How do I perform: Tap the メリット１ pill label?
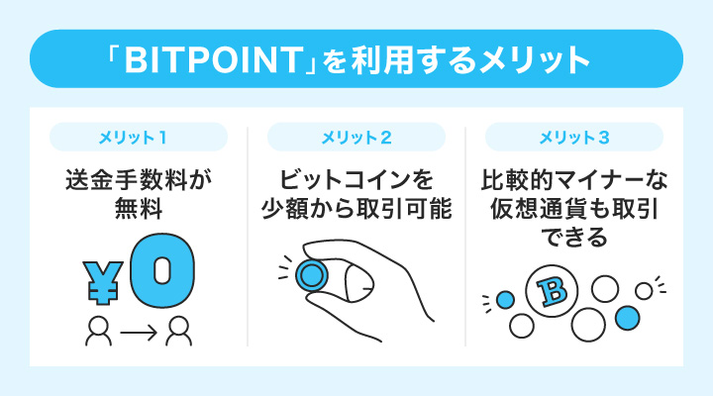pyautogui.click(x=138, y=137)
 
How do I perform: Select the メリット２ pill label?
pyautogui.click(x=356, y=137)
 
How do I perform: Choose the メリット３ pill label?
pyautogui.click(x=574, y=137)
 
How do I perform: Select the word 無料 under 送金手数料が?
pyautogui.click(x=138, y=211)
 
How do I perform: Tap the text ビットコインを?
pyautogui.click(x=356, y=181)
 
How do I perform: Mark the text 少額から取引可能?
pyautogui.click(x=356, y=211)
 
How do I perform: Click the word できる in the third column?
pyautogui.click(x=574, y=241)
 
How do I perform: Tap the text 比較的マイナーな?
pyautogui.click(x=574, y=181)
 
